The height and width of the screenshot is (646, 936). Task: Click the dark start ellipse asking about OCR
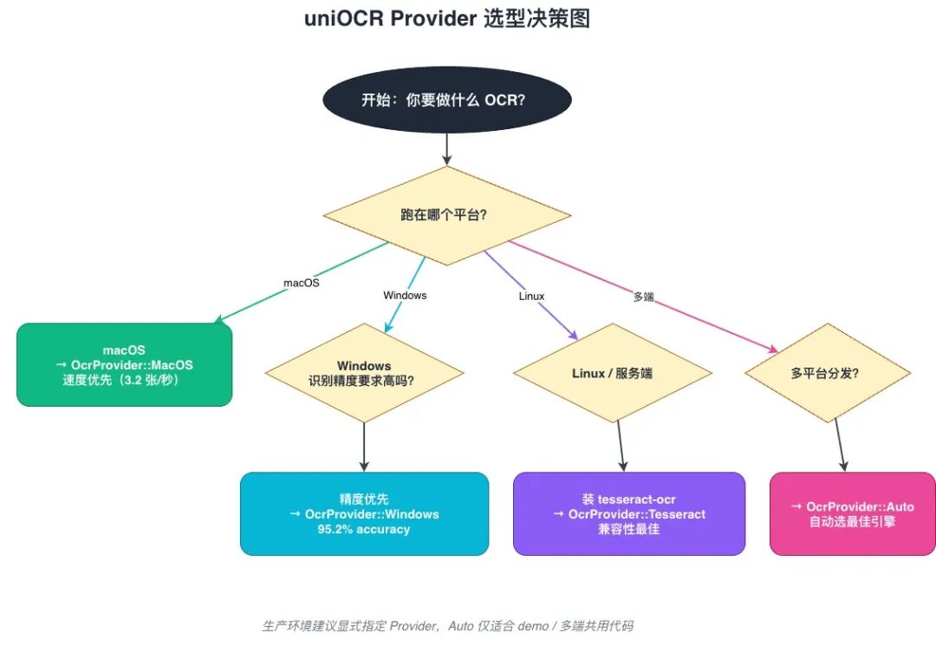(x=447, y=100)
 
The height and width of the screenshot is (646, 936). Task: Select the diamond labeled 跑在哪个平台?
(x=447, y=216)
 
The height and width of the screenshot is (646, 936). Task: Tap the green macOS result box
(x=124, y=365)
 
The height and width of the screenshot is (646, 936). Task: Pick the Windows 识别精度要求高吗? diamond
(x=364, y=373)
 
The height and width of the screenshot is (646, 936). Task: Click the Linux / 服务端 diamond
(x=613, y=373)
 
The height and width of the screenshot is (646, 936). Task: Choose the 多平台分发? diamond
(x=828, y=373)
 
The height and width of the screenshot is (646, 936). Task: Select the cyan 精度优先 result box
(x=364, y=514)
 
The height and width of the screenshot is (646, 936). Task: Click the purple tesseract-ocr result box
(x=629, y=514)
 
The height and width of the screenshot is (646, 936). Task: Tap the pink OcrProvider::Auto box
(x=853, y=514)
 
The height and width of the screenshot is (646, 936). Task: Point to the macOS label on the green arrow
(x=301, y=283)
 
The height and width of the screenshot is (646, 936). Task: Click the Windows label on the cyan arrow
(x=405, y=296)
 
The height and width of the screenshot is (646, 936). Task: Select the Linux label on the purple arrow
(x=531, y=297)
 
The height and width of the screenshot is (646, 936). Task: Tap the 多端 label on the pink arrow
(x=643, y=297)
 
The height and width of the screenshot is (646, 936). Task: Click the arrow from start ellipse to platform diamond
(x=447, y=149)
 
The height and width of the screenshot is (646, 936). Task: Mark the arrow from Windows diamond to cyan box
(x=364, y=447)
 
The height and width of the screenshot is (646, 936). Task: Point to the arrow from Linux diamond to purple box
(x=621, y=446)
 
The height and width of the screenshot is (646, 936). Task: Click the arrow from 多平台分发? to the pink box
(x=841, y=445)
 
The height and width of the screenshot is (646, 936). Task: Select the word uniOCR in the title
(x=344, y=18)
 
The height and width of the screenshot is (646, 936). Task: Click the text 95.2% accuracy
(x=363, y=529)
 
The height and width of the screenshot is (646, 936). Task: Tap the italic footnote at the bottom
(x=448, y=626)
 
